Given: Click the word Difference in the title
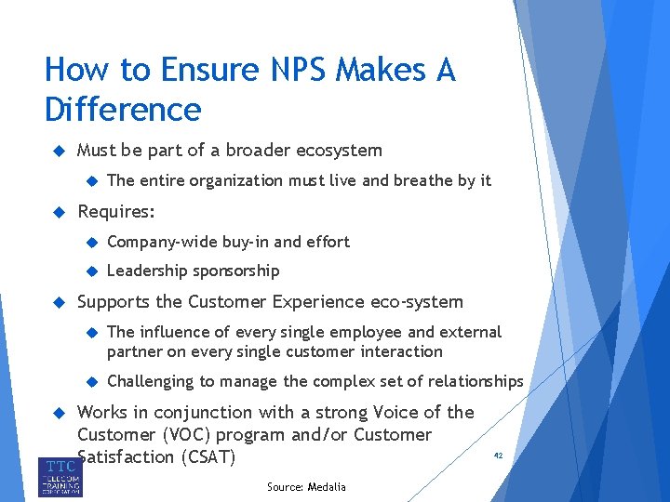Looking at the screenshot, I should coord(123,110).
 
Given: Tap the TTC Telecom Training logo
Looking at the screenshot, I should coord(60,476).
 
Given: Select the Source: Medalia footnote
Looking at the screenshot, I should coord(306,487).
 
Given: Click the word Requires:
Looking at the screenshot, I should coord(116,212).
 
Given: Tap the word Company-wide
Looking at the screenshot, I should coord(163,242).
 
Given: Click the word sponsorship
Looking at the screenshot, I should coord(235,271).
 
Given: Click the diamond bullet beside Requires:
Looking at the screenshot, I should coord(56,212).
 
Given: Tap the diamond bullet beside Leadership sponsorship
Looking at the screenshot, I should coord(91,271).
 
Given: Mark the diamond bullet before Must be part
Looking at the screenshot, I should coord(56,151).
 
